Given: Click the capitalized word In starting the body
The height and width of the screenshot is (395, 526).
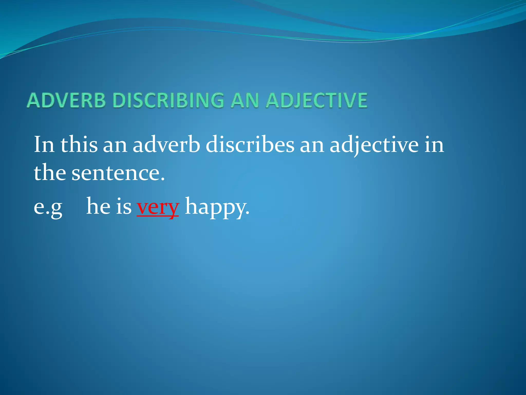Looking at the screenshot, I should pyautogui.click(x=44, y=145).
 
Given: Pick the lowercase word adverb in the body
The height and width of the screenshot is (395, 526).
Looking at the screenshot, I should pyautogui.click(x=166, y=145).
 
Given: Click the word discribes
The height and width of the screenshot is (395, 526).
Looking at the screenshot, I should pyautogui.click(x=250, y=145).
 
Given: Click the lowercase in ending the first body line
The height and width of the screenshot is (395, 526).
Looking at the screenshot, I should pyautogui.click(x=434, y=145).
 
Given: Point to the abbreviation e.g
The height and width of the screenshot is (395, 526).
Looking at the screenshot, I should pyautogui.click(x=48, y=207).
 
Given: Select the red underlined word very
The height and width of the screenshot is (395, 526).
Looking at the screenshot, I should pyautogui.click(x=158, y=207).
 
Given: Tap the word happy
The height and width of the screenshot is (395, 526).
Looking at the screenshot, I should pyautogui.click(x=216, y=207).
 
